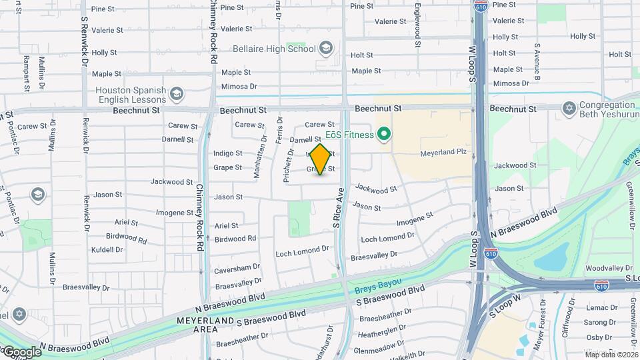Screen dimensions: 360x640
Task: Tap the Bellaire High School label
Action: (x=274, y=49)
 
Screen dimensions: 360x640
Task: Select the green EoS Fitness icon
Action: (x=383, y=135)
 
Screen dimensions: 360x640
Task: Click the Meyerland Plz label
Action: (x=441, y=153)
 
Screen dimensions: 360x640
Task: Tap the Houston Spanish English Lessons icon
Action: (x=177, y=93)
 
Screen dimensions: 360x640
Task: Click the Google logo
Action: (x=21, y=351)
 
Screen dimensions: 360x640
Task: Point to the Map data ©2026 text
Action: (x=611, y=355)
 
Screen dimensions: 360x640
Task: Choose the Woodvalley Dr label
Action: (x=603, y=268)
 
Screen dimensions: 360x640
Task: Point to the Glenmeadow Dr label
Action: (x=377, y=350)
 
